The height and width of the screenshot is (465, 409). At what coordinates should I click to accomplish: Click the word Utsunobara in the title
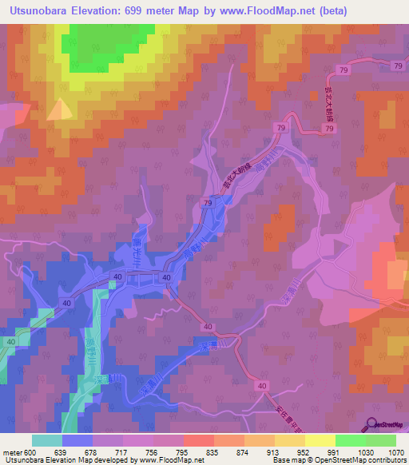(x=38, y=9)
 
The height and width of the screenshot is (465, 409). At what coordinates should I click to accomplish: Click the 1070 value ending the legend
(x=397, y=451)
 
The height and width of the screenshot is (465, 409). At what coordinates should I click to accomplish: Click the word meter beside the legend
(x=12, y=451)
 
